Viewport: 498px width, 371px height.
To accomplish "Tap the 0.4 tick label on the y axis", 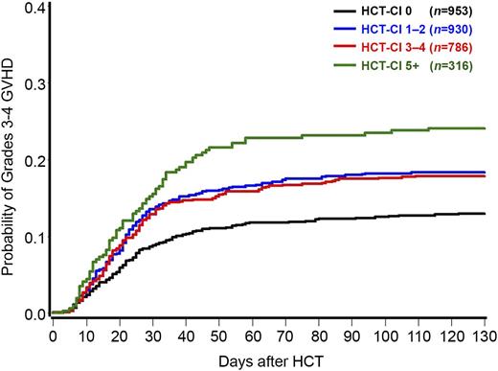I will (34, 9).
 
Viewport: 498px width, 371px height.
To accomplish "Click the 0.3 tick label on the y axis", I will (34, 84).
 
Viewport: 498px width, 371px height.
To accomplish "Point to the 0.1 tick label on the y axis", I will (34, 237).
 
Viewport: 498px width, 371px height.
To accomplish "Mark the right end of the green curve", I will (486, 128).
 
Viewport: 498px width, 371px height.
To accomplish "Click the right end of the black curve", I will (486, 214).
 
